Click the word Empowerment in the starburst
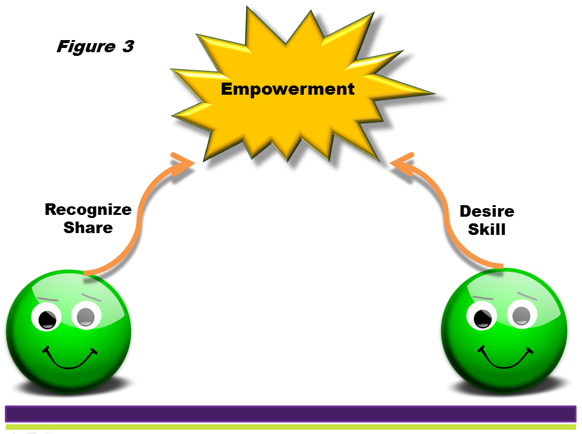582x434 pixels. coord(288,89)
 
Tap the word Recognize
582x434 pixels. coord(88,210)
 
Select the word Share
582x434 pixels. coord(88,228)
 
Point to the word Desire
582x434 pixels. coord(487,211)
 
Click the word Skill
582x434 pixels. coord(487,229)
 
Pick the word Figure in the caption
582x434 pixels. coord(86,47)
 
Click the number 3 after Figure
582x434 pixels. coord(128,46)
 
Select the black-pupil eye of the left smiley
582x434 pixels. coord(46,316)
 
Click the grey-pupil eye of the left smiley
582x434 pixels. coord(86,315)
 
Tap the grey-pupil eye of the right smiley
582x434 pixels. coord(522,314)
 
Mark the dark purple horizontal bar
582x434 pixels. coord(290,414)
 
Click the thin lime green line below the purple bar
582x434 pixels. coord(290,427)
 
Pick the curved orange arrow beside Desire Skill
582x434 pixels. coord(445,215)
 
